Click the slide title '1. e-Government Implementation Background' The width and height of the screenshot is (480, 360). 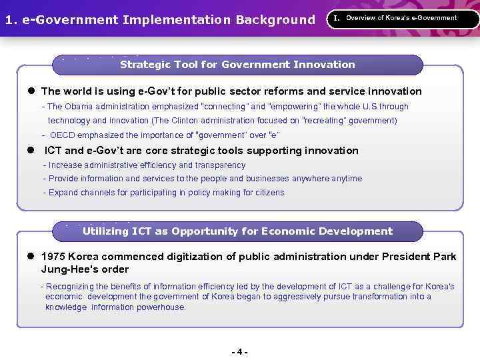pyautogui.click(x=159, y=19)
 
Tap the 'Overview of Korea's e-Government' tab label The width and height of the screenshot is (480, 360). pyautogui.click(x=401, y=18)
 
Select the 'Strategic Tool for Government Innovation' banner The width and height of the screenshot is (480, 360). pyautogui.click(x=237, y=65)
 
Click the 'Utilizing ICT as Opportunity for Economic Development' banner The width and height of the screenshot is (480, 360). pyautogui.click(x=237, y=231)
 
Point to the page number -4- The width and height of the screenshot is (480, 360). pyautogui.click(x=239, y=351)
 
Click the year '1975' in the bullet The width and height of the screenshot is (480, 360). pyautogui.click(x=53, y=257)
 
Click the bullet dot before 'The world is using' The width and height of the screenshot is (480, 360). pyautogui.click(x=31, y=91)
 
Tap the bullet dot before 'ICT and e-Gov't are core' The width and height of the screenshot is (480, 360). pyautogui.click(x=31, y=151)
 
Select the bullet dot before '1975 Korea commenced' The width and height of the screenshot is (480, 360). pyautogui.click(x=31, y=257)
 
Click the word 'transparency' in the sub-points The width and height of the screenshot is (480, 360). pyautogui.click(x=220, y=165)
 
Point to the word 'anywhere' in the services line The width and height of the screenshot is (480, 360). pyautogui.click(x=310, y=179)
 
